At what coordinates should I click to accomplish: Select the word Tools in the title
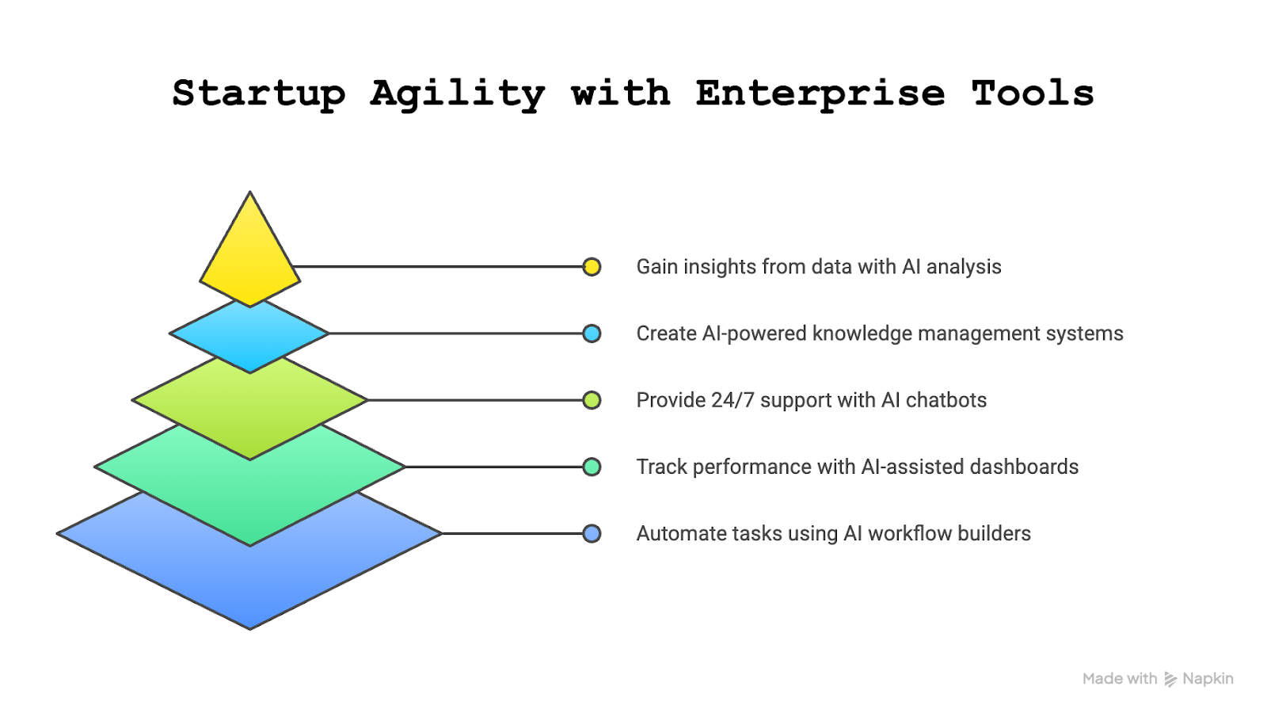(1033, 93)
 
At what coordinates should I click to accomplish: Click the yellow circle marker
(592, 267)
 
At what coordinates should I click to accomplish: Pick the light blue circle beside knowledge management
(592, 334)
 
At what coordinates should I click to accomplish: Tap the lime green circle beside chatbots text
(592, 400)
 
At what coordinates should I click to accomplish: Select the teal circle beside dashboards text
(592, 467)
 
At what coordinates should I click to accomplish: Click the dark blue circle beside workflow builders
(592, 533)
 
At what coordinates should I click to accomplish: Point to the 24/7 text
(732, 400)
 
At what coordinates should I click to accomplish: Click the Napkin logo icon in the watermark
(1170, 679)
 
